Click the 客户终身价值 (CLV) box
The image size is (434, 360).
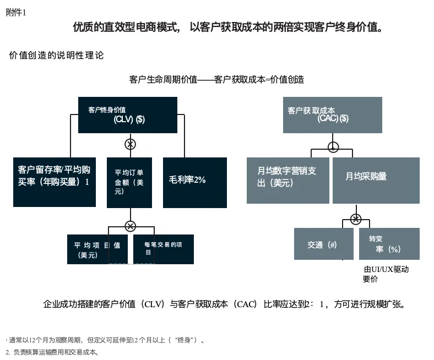pyautogui.click(x=128, y=115)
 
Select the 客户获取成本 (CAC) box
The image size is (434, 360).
pyautogui.click(x=332, y=115)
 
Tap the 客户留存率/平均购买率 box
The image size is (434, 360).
pyautogui.click(x=55, y=182)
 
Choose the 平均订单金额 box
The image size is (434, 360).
pyautogui.click(x=129, y=182)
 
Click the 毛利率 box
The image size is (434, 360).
pyautogui.click(x=195, y=182)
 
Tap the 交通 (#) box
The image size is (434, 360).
pyautogui.click(x=323, y=244)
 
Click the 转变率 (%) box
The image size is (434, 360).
pyautogui.click(x=389, y=244)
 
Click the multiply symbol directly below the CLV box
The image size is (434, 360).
pyautogui.click(x=130, y=144)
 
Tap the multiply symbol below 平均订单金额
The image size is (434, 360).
pyautogui.click(x=130, y=226)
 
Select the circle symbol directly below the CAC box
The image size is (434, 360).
pyautogui.click(x=333, y=147)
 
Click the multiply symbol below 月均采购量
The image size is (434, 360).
pyautogui.click(x=356, y=219)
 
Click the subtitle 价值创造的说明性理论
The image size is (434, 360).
pyautogui.click(x=56, y=55)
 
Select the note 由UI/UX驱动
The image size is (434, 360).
pyautogui.click(x=386, y=269)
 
